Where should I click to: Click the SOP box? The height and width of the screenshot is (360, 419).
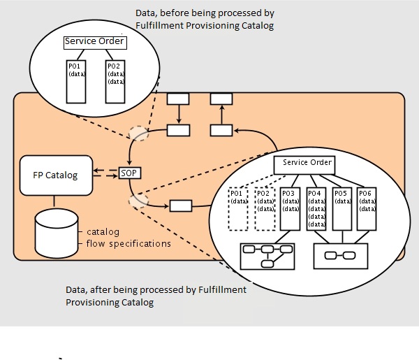(x=129, y=173)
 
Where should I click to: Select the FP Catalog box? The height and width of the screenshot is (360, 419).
(x=57, y=175)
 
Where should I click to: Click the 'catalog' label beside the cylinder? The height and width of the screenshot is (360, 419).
(x=103, y=231)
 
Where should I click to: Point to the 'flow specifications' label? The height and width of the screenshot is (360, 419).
(x=128, y=243)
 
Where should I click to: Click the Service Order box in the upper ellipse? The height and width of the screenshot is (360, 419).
(x=94, y=42)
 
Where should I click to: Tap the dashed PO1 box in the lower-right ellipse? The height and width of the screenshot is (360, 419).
(x=239, y=208)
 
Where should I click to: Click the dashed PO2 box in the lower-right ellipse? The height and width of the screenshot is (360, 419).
(x=265, y=208)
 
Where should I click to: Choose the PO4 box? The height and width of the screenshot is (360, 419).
(x=316, y=208)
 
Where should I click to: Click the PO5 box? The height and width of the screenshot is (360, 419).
(x=341, y=208)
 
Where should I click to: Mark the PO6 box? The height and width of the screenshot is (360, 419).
(x=367, y=208)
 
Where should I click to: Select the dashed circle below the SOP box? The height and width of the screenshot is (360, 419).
(x=138, y=201)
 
